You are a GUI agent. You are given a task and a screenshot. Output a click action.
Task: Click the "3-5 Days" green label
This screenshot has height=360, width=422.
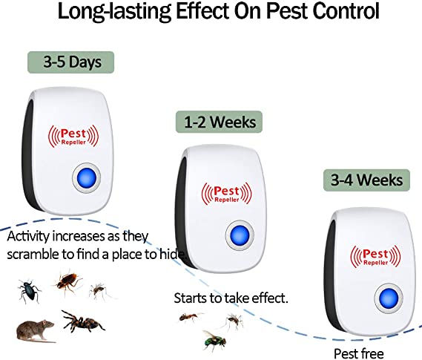pyautogui.click(x=70, y=62)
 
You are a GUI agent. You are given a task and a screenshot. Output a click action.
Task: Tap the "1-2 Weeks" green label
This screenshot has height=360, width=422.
pyautogui.click(x=219, y=122)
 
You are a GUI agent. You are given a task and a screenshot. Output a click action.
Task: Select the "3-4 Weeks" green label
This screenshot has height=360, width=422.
pyautogui.click(x=366, y=180)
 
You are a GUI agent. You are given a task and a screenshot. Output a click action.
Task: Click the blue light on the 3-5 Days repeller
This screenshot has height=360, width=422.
pyautogui.click(x=86, y=178)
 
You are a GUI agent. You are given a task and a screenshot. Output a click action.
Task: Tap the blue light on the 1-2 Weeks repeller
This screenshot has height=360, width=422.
pyautogui.click(x=240, y=235)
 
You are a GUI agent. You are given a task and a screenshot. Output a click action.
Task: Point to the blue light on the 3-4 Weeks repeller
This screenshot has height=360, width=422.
pyautogui.click(x=389, y=298)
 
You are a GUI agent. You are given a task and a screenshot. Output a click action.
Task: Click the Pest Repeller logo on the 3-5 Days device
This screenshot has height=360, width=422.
pyautogui.click(x=73, y=136)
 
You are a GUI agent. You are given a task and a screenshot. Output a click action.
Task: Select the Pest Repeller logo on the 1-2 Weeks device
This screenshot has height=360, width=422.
pyautogui.click(x=227, y=193)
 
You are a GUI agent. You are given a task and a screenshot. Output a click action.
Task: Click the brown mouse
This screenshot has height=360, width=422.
pyautogui.click(x=35, y=330)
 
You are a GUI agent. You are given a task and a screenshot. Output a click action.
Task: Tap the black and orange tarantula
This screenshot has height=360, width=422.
pyautogui.click(x=82, y=321)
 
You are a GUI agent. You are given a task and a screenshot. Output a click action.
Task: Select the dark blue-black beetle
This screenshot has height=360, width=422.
pyautogui.click(x=29, y=290)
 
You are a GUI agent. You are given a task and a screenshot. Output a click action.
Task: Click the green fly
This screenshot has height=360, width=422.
pyautogui.click(x=214, y=340)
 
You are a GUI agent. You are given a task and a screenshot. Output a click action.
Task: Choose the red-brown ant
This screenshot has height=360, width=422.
pyautogui.click(x=190, y=317)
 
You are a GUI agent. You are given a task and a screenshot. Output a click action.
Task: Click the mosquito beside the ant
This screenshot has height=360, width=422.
pyautogui.click(x=234, y=321)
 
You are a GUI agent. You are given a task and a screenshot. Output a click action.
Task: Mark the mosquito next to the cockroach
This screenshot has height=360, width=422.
pyautogui.click(x=99, y=291)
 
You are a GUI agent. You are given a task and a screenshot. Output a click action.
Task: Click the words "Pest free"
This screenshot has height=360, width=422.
pyautogui.click(x=359, y=353)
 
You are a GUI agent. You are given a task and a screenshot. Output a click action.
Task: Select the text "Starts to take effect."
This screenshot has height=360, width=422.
pyautogui.click(x=231, y=298)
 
